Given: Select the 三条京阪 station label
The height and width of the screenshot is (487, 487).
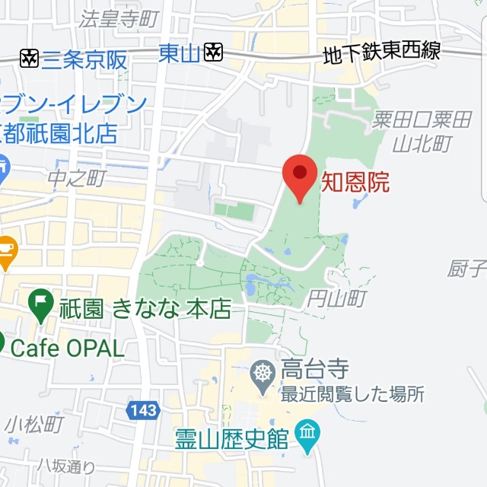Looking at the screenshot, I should point(84,59).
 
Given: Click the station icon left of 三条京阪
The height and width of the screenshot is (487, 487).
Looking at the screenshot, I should point(30,58).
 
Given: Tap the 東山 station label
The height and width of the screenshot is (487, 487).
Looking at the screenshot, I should point(180,53).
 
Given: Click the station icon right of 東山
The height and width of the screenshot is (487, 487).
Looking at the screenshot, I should point(214,53).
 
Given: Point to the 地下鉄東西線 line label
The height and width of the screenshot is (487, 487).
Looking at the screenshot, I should point(382,53).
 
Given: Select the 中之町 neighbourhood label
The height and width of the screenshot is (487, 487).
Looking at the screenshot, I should point(76,179).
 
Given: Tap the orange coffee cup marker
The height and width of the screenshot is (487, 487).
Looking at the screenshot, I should point(6,252).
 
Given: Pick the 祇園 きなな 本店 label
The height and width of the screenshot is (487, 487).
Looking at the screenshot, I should point(145,309).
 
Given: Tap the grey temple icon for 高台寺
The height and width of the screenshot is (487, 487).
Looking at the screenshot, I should point(263,374).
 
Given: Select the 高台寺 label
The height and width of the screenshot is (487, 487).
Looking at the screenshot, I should point(315,370).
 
